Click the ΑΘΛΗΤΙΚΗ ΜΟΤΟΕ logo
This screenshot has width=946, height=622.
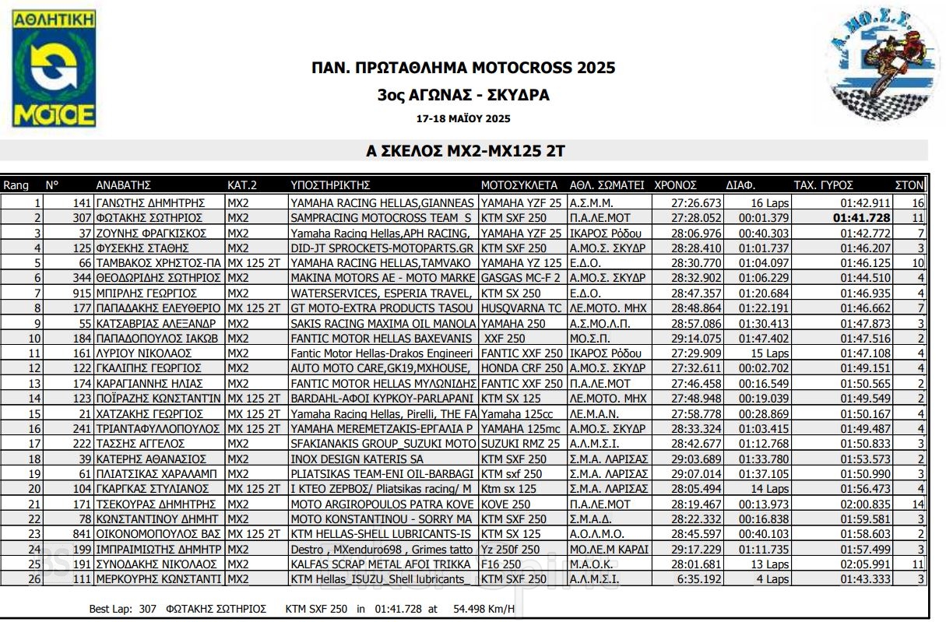(x=54, y=69)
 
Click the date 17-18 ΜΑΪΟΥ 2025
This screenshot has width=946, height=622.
(x=463, y=119)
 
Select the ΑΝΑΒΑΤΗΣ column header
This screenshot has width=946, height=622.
(x=123, y=185)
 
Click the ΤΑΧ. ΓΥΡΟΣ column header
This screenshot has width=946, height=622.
(x=824, y=185)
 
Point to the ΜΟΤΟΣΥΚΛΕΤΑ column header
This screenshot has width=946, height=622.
(x=519, y=185)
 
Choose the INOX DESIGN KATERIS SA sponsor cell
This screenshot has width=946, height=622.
(x=357, y=459)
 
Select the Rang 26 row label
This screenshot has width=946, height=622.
(x=34, y=579)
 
